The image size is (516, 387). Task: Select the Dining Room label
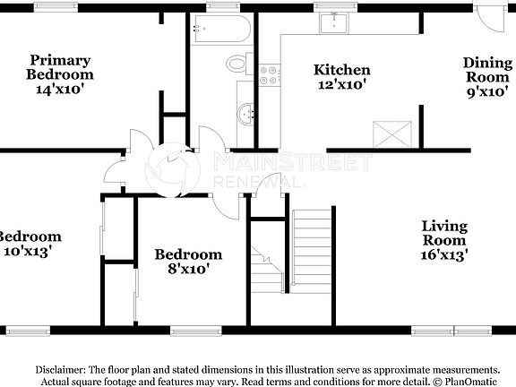(x=486, y=76)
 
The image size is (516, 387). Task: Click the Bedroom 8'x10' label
(x=187, y=261)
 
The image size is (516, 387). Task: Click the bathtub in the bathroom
(x=219, y=32)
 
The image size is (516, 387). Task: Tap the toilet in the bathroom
(x=239, y=64)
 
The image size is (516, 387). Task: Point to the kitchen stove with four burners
(x=268, y=74)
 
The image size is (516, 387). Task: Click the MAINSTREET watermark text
(x=291, y=163)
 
